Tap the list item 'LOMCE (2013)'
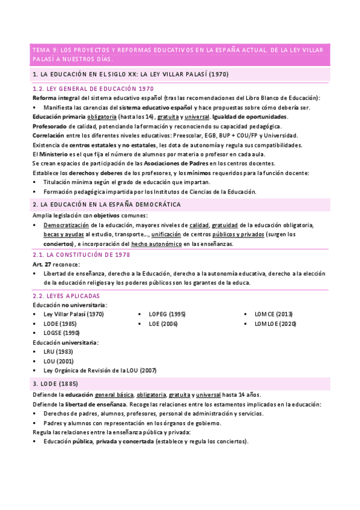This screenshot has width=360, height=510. coord(273,314)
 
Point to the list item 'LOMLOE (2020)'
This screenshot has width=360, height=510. coord(275,324)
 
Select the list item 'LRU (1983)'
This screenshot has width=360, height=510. coord(59,352)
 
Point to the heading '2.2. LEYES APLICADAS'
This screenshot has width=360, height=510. coord(66,296)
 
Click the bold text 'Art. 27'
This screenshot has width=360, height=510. coord(41,264)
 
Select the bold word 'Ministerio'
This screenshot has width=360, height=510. coord(57,155)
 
